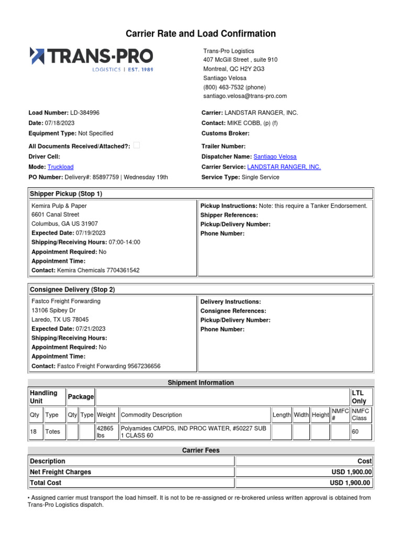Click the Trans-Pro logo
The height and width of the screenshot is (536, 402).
click(92, 58)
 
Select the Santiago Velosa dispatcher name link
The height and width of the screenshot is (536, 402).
click(275, 157)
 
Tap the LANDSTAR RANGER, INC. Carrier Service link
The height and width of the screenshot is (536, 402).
click(284, 167)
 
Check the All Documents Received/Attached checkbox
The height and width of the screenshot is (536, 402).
click(137, 146)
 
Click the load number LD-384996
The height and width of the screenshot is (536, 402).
click(85, 113)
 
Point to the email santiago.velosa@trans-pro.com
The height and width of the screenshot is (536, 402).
click(245, 96)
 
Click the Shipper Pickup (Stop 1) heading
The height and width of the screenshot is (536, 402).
click(66, 194)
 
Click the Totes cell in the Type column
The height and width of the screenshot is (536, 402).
click(53, 432)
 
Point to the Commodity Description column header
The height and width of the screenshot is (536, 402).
click(151, 415)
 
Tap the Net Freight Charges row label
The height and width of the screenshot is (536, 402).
click(61, 472)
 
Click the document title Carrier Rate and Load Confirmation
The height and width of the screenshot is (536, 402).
click(201, 34)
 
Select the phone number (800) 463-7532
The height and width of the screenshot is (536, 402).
click(234, 87)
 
